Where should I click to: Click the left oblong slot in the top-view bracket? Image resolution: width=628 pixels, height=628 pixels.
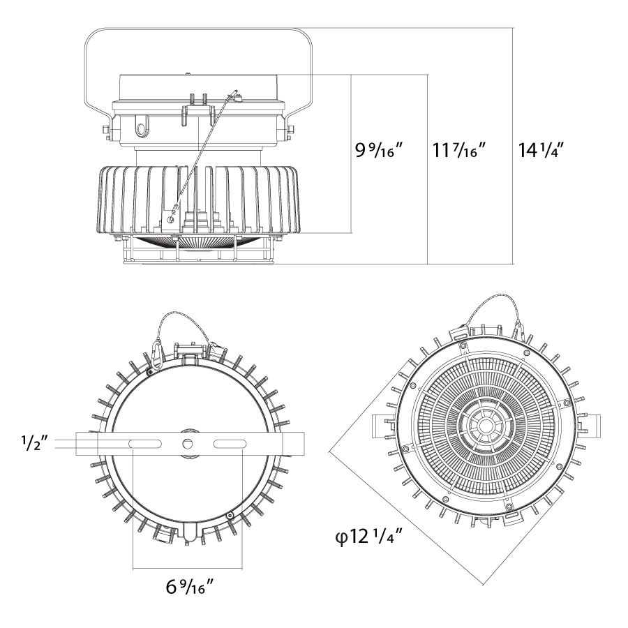pos(146,444)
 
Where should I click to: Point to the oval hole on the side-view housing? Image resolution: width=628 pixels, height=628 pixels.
pos(142,128)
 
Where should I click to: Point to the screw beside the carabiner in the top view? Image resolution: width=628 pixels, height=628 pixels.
pos(150,373)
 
